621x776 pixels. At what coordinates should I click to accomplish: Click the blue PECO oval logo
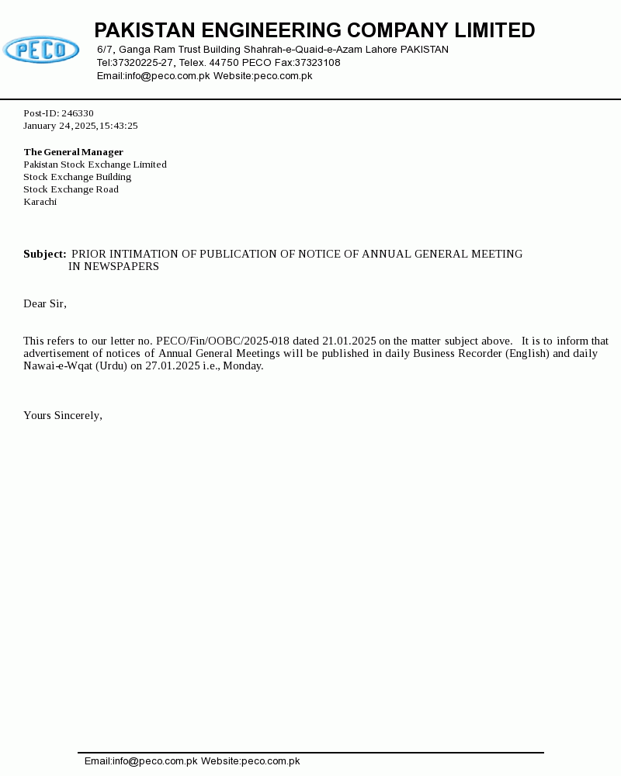41,50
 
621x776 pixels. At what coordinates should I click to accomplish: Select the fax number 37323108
317,63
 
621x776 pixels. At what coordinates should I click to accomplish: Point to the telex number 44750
224,63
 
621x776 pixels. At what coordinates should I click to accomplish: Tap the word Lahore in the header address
379,50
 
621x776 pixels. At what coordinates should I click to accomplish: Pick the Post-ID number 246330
78,113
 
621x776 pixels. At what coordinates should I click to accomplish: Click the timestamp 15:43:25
119,126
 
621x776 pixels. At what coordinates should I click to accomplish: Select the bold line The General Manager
74,152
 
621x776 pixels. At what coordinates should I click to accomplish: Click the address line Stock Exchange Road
71,189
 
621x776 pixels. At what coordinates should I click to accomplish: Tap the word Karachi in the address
40,202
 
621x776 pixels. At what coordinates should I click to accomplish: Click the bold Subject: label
45,254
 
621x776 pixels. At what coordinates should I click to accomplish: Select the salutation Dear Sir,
45,303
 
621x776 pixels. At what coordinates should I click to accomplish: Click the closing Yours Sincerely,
63,415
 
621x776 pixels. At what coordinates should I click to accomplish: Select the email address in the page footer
141,761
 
